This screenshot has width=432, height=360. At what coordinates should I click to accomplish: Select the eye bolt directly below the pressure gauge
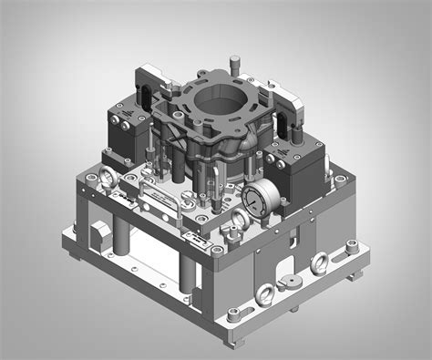tap(239, 218)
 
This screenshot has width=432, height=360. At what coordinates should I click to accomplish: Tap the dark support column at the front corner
tap(187, 273)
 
